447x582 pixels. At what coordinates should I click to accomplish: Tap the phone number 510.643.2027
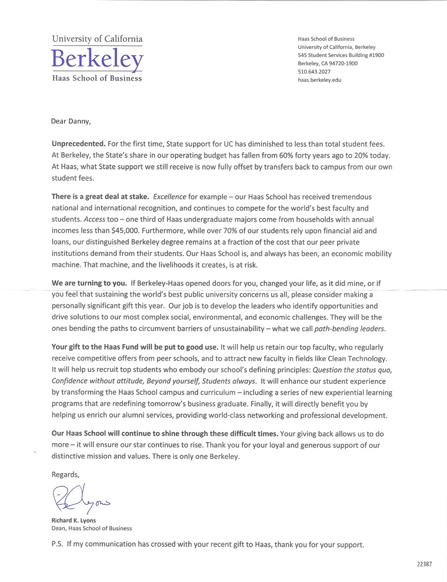point(315,72)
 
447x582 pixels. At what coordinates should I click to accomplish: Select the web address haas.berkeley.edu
point(319,80)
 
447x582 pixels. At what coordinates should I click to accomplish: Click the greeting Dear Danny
point(72,122)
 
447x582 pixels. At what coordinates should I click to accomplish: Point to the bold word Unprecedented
point(79,144)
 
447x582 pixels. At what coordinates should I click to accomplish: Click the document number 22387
point(423,564)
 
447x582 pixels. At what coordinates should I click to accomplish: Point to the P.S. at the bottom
point(58,544)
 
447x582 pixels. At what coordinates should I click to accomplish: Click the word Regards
point(65,474)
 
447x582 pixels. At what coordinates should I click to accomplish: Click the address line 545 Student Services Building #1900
point(341,55)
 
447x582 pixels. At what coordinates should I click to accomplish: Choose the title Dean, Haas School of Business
point(92,528)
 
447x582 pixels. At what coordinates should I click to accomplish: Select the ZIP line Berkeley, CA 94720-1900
point(328,64)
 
